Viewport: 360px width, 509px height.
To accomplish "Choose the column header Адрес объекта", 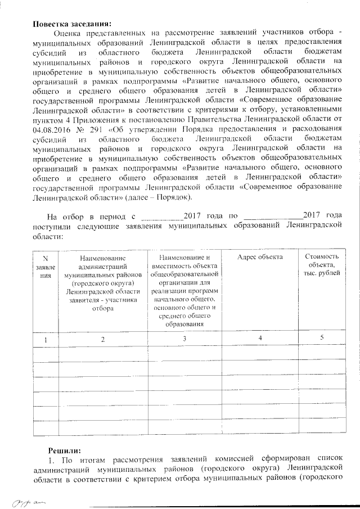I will click(x=259, y=256).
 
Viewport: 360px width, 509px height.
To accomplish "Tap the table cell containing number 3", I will click(x=184, y=339).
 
